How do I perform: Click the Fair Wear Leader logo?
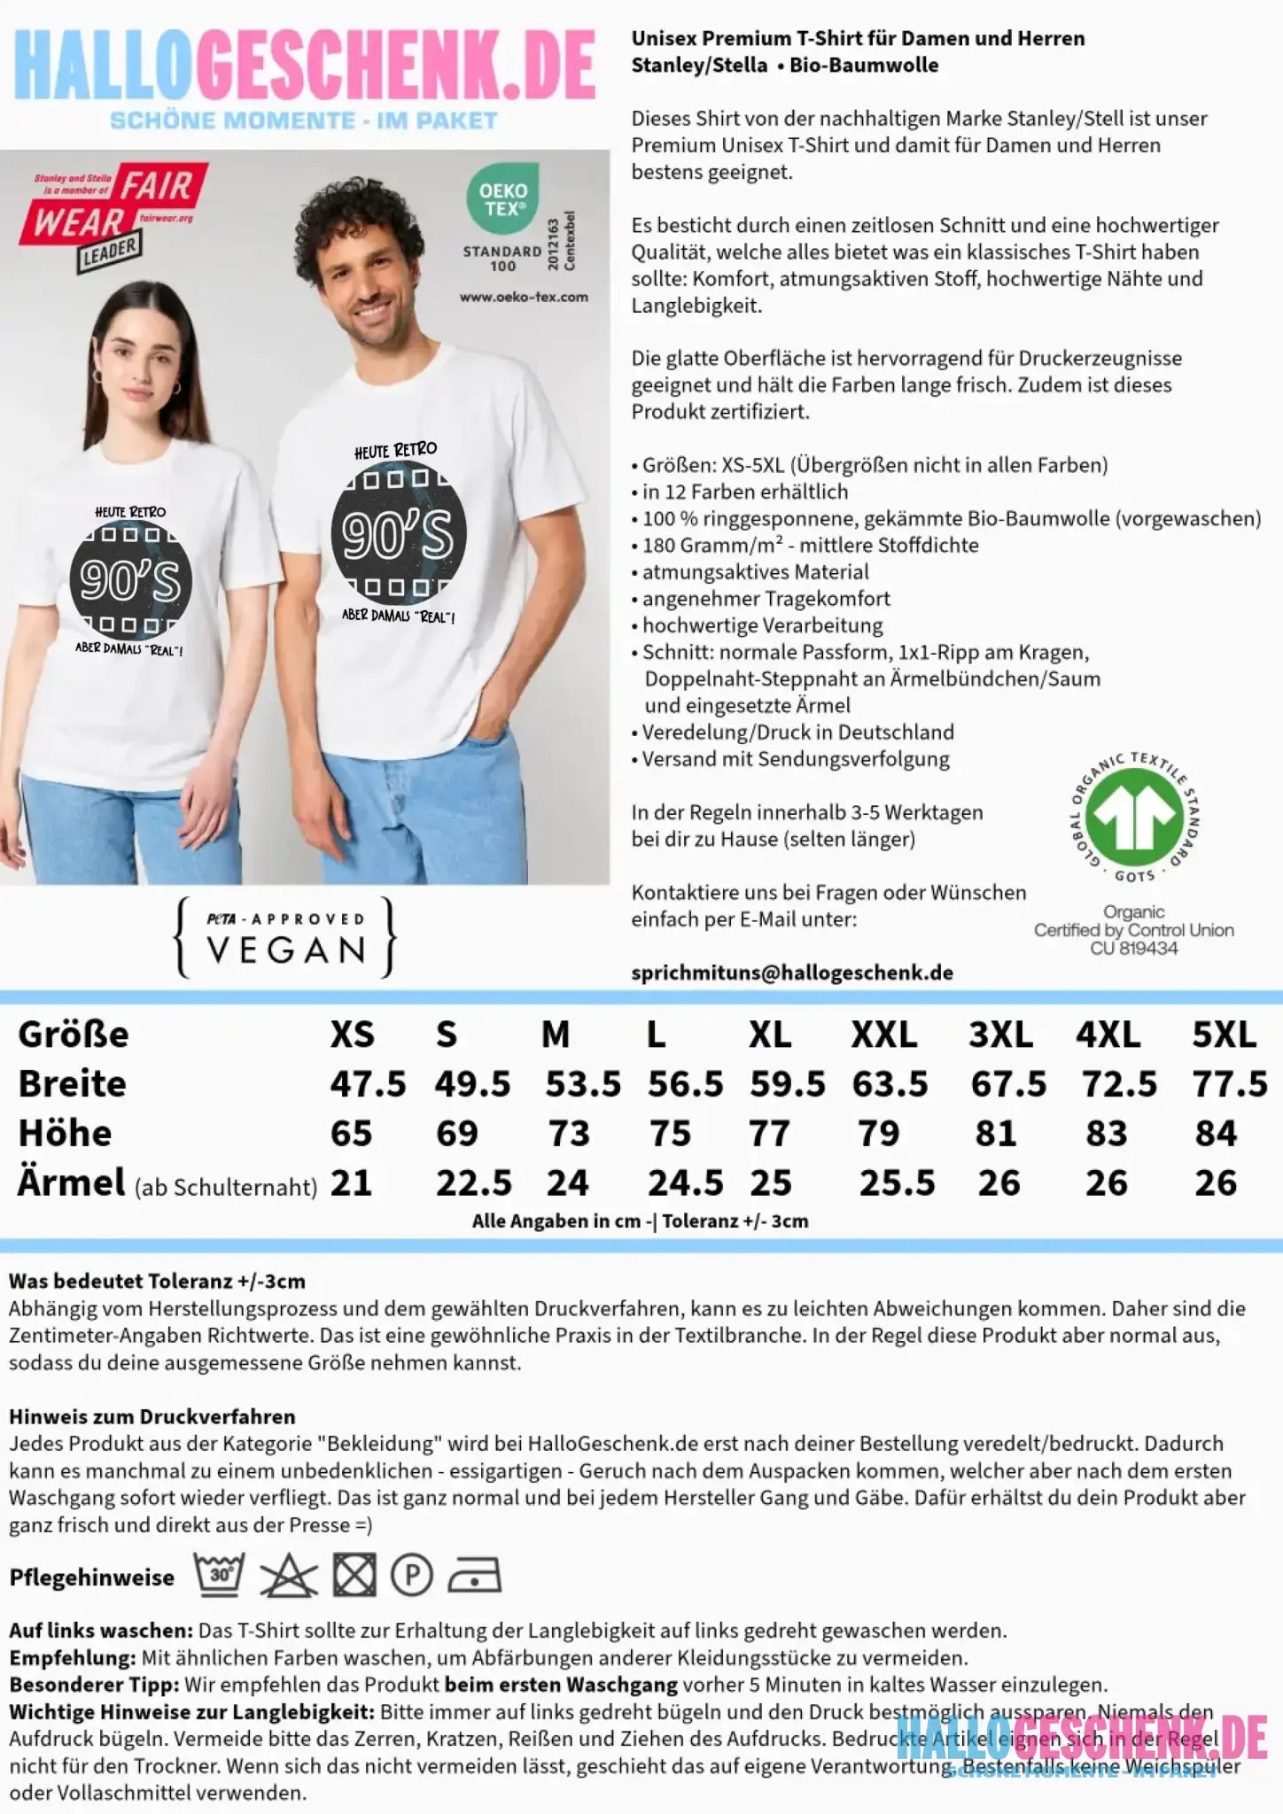coord(113,216)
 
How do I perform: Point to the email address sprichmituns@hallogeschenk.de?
coord(792,973)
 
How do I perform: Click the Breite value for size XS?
coord(368,1083)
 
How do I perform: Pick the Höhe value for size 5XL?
coord(1215,1134)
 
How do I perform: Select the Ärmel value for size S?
coord(473,1183)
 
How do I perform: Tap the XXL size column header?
coord(883,1035)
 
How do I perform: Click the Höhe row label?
coord(65,1134)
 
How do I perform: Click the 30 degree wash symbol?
coord(220,1574)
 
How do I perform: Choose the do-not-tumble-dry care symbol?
coord(354,1576)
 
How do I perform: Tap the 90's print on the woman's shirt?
coord(130,580)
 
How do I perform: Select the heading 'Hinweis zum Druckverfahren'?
coord(152,1416)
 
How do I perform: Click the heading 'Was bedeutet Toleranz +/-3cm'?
coord(157,1281)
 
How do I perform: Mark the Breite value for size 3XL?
coord(1007,1084)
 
